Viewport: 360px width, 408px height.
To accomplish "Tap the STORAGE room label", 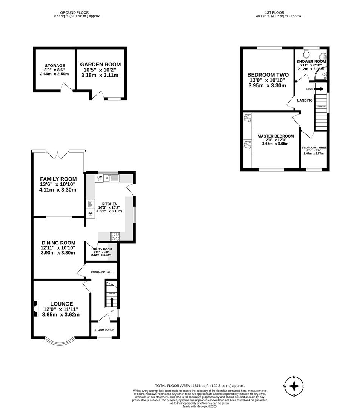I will pyautogui.click(x=55, y=66).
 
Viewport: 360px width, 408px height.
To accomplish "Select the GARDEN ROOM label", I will pyautogui.click(x=100, y=65).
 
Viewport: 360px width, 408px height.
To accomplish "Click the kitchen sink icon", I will pyautogui.click(x=113, y=177).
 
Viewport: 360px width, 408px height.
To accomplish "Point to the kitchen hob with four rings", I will pyautogui.click(x=115, y=236).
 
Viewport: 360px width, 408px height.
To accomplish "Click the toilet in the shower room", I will pyautogui.click(x=306, y=54).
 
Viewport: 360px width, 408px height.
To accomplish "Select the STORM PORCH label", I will pyautogui.click(x=104, y=330).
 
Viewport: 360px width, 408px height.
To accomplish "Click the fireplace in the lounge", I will pyautogui.click(x=35, y=308).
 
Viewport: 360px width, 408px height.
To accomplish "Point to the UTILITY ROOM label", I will pyautogui.click(x=102, y=250).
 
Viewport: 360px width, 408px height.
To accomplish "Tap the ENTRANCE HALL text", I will pyautogui.click(x=102, y=272).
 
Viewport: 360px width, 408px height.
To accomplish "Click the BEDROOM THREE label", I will pyautogui.click(x=314, y=148).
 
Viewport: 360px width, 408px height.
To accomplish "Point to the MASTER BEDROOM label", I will pyautogui.click(x=275, y=136).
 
